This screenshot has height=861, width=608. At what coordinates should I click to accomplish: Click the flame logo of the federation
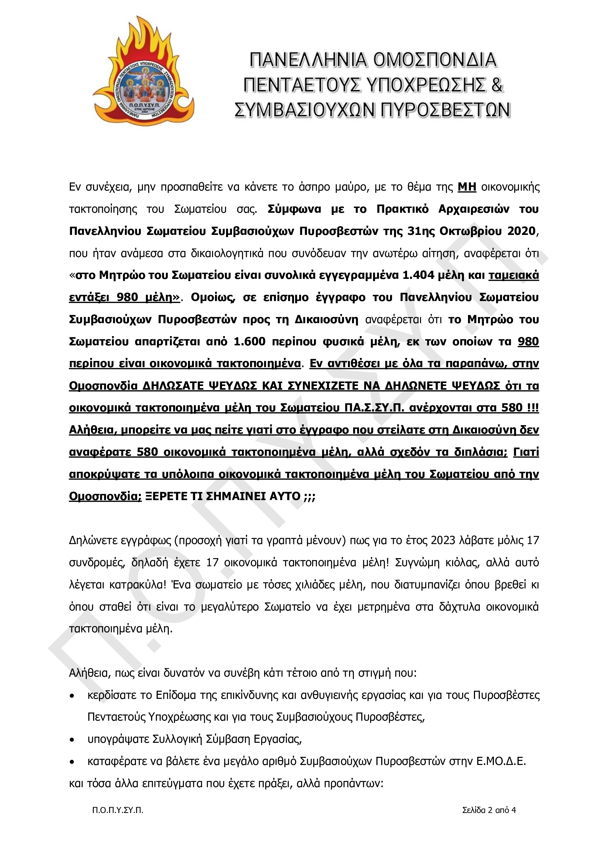144,71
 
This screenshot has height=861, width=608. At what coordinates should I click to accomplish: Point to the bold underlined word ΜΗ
467,187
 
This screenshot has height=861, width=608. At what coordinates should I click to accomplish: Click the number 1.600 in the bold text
249,342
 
